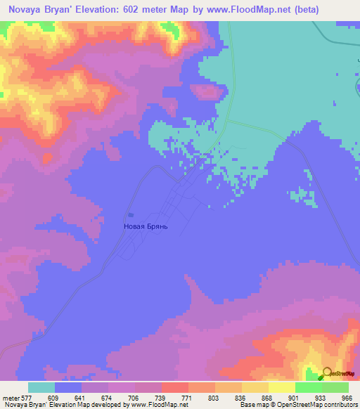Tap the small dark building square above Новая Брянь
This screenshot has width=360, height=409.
point(131,215)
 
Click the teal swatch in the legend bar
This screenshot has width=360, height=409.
point(41,387)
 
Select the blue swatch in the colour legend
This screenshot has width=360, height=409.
point(68,387)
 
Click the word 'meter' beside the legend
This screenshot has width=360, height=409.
point(11,397)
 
